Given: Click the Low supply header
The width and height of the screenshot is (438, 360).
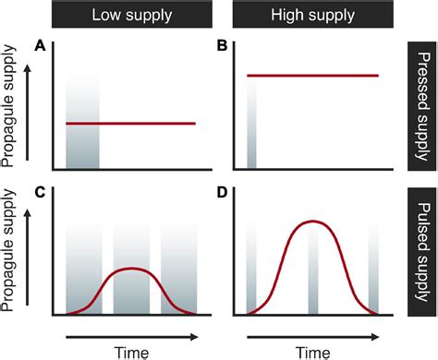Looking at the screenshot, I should pyautogui.click(x=131, y=17).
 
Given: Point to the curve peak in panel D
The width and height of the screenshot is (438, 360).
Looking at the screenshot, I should pyautogui.click(x=313, y=222).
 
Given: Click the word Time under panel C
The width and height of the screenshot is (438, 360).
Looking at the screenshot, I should pyautogui.click(x=131, y=350).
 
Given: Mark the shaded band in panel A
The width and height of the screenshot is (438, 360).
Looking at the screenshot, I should pyautogui.click(x=82, y=129).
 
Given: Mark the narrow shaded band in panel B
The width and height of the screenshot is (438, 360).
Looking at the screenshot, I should pyautogui.click(x=251, y=129).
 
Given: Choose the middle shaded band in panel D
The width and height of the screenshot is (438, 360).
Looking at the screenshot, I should pyautogui.click(x=313, y=268).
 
